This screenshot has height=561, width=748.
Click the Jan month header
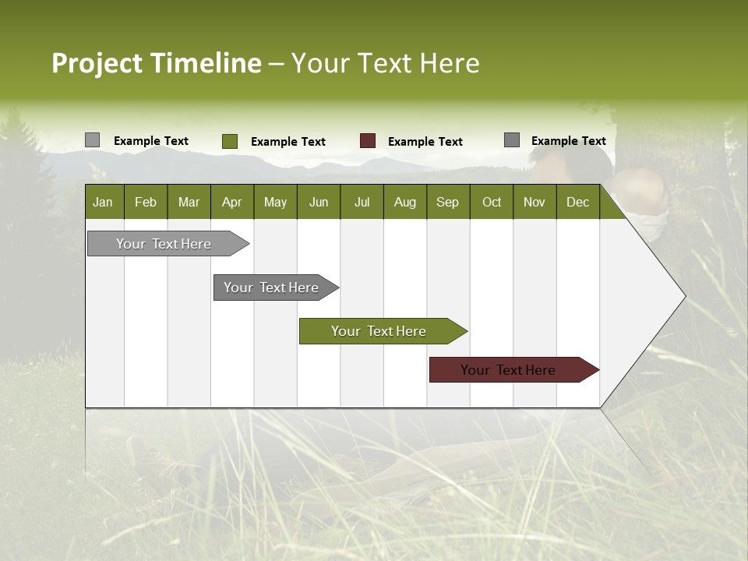[x=103, y=202]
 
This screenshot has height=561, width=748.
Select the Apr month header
[x=231, y=202]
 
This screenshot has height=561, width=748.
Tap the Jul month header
[x=362, y=202]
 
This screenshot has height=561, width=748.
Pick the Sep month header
[x=447, y=202]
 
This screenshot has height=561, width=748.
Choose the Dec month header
[x=577, y=202]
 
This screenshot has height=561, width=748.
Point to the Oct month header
[x=492, y=202]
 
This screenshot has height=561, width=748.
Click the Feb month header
[x=146, y=202]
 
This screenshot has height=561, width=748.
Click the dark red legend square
[x=368, y=141]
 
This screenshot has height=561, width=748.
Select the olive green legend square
[x=230, y=141]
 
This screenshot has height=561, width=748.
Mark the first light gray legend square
[x=92, y=140]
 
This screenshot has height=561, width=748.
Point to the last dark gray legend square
[x=512, y=140]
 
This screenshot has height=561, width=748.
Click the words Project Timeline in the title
[x=156, y=63]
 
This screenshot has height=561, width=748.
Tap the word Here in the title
[x=450, y=63]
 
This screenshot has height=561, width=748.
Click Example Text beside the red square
[x=425, y=141]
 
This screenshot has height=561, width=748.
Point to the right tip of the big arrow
[x=683, y=296]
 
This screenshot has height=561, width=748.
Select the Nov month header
[x=535, y=202]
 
